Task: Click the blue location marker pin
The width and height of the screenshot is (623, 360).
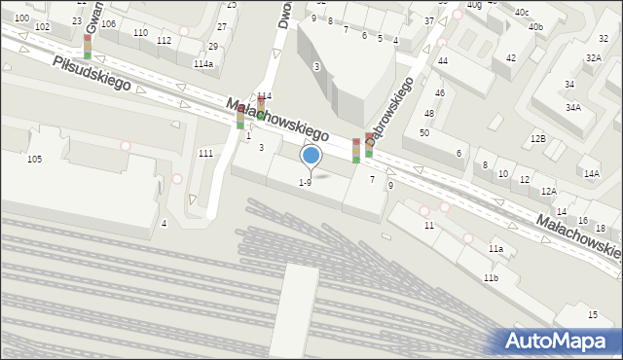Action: pos(311,156)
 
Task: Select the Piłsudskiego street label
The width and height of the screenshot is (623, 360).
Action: pos(92,74)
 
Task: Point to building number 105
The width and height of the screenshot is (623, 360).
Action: pos(34,159)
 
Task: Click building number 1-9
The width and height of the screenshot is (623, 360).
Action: pos(305,182)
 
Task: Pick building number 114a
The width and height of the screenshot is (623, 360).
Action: pos(202,63)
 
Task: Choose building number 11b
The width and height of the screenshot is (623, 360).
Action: pos(491,278)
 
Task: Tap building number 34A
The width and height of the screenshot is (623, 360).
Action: pos(573,107)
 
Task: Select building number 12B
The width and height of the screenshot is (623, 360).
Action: pos(538,139)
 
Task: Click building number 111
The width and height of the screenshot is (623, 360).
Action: pos(205,154)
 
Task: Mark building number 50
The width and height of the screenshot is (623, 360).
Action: pos(424,132)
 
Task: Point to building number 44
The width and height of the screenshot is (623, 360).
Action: pos(442,60)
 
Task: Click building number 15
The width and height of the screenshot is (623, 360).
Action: pos(593,314)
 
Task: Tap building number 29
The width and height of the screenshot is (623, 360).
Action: pos(213,46)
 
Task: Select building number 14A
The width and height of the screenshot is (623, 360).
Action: pos(591,173)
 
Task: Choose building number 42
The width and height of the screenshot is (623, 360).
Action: pos(511,58)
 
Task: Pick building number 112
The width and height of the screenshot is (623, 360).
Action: pos(164,40)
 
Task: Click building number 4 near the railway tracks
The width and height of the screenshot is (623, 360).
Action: pos(164,224)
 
